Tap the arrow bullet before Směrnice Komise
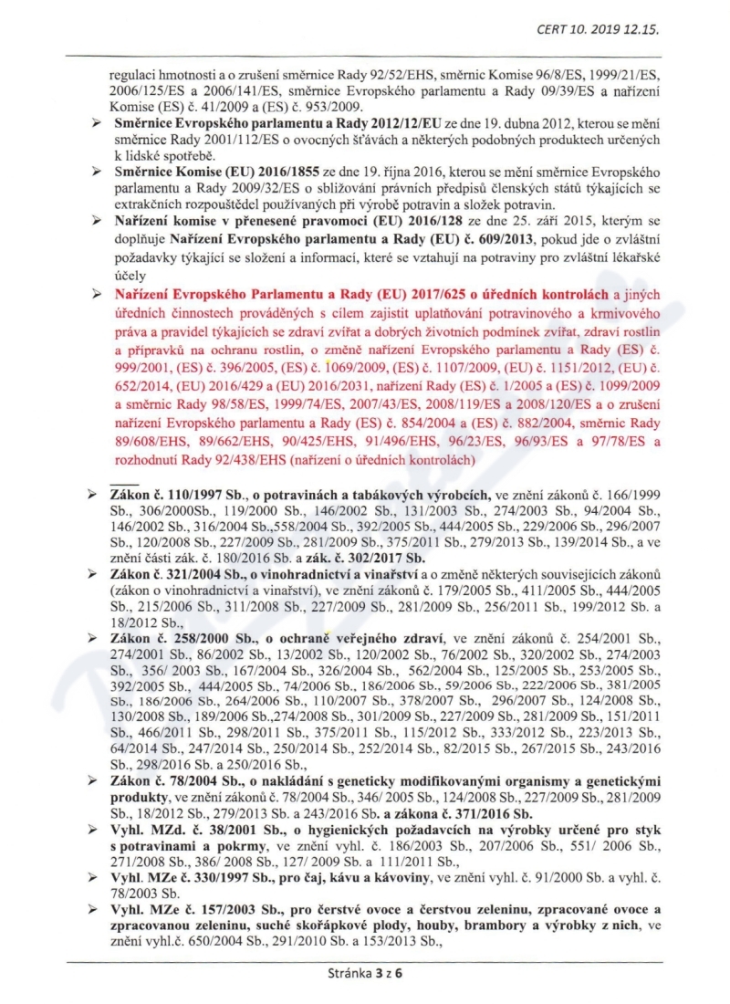click(x=96, y=172)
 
